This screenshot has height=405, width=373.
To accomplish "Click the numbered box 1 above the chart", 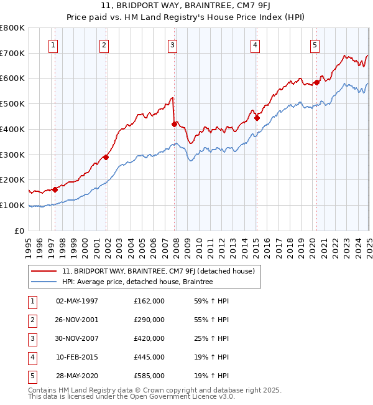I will (53, 44).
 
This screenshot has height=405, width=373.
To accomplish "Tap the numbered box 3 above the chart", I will (172, 44).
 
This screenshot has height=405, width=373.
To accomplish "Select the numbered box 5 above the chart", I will (315, 44).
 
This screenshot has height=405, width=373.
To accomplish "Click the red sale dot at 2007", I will (174, 124).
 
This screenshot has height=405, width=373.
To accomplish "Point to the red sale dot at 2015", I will (257, 117).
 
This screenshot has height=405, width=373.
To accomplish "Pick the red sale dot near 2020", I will (316, 82).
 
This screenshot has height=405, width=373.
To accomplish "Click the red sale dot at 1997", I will (55, 189).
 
